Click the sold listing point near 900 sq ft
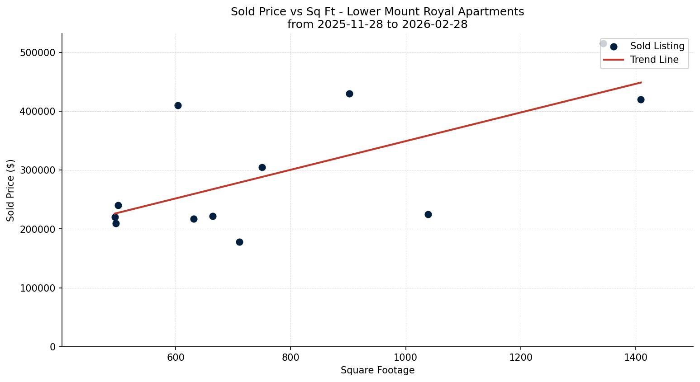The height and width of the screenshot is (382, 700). coord(349,94)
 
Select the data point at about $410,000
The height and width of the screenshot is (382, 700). coord(178,105)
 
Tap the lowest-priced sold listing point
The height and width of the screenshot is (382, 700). coord(239,242)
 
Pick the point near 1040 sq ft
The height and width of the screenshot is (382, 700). coord(428,214)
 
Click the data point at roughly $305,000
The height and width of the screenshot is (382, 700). coord(262,167)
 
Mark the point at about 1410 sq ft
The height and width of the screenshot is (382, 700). coord(641,99)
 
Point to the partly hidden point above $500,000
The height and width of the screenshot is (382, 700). coord(603,43)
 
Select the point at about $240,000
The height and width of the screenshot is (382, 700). coord(118,205)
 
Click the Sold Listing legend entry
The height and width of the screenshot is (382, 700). coord(657,46)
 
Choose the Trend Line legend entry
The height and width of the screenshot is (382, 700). coord(654,60)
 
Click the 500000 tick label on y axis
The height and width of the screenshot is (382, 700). coord(38,52)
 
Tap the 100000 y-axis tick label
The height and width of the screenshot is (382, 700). coord(38,288)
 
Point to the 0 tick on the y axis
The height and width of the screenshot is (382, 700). coord(53,347)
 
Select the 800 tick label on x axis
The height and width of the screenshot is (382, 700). coord(290,357)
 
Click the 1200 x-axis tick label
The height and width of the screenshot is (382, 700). coord(521,357)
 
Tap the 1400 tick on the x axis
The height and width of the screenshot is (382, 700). coord(636,357)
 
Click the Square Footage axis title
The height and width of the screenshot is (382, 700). coord(377,370)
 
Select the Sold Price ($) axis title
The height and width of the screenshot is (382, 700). coord(11,190)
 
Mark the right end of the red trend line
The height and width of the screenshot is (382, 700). coord(641,82)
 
